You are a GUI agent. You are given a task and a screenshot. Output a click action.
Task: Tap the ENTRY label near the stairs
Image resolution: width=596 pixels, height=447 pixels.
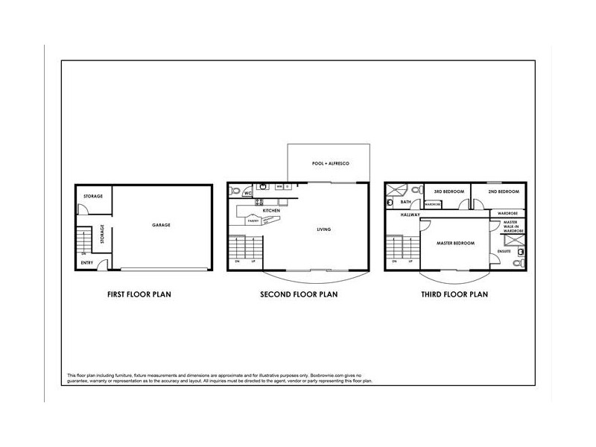coord(87,262)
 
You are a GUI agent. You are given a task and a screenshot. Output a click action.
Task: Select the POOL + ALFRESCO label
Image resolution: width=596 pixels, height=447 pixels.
coord(330,163)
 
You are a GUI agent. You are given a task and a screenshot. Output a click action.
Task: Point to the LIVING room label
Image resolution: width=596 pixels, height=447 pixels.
coord(323,229)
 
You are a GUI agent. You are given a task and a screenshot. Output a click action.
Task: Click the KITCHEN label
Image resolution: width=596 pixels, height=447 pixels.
coord(270,211)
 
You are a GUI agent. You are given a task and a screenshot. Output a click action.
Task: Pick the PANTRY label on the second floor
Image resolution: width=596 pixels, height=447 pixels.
coord(253,221)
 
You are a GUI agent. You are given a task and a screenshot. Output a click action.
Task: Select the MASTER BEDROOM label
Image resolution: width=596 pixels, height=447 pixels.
coord(454,244)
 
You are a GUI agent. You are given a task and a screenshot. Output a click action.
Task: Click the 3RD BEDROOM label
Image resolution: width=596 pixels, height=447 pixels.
coord(449,191)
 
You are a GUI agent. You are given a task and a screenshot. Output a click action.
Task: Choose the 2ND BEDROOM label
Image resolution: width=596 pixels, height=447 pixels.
coord(503,191)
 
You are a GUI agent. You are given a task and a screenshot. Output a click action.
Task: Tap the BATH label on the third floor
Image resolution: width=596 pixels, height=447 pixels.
coord(406,202)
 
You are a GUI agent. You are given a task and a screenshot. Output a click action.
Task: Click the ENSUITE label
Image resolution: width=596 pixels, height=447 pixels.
coord(504,252)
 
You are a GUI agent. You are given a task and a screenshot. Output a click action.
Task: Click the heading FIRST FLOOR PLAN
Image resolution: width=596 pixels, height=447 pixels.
coord(140,294)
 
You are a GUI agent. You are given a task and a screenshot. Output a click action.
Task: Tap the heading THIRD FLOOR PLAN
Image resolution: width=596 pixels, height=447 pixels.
coord(454,294)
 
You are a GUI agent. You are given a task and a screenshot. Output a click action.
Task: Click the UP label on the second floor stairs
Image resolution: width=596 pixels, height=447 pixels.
coord(255,261)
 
